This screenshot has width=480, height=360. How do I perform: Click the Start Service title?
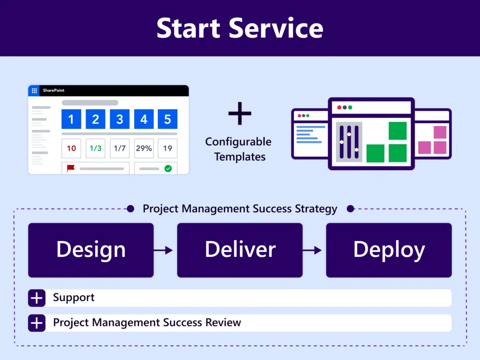point(240,28)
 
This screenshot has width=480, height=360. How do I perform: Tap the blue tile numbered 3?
point(120,119)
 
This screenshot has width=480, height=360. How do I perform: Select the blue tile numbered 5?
point(167,119)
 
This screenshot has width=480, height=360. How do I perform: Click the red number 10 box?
point(71,148)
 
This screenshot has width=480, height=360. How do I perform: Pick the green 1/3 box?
point(95,148)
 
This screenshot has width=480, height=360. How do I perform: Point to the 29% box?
point(143,148)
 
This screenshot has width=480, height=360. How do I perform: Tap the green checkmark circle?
point(168,168)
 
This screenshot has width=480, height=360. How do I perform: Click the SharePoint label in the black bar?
point(54,90)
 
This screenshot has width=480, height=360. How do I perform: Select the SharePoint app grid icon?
point(34,90)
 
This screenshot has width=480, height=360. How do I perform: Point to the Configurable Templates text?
point(239,149)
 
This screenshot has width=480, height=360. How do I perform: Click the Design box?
point(91,250)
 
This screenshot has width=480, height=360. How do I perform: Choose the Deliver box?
point(240,250)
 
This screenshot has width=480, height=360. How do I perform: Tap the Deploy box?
point(389,250)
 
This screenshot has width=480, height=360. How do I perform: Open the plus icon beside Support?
point(37,298)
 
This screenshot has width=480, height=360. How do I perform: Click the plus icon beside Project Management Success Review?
point(37,323)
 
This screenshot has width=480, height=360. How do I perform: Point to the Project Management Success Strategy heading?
point(240,209)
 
